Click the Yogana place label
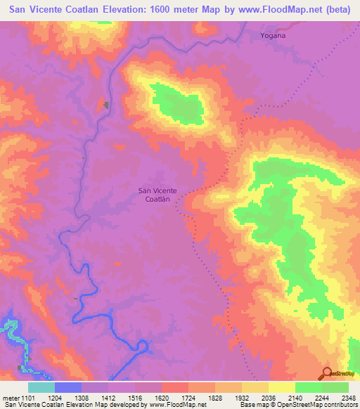(x=272, y=35)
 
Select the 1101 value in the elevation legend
(x=32, y=397)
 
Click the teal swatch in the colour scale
(x=41, y=387)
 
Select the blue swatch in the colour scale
(x=68, y=387)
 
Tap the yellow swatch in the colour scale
(x=281, y=387)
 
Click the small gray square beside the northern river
(x=106, y=105)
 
